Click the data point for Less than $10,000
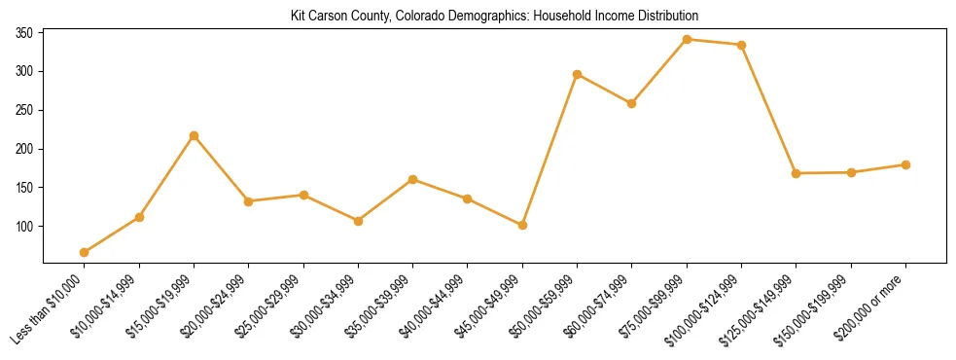[x=85, y=252]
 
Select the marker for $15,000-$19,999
[x=194, y=135]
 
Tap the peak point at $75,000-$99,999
[x=687, y=39]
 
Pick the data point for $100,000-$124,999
[x=742, y=45]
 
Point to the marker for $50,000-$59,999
[x=578, y=74]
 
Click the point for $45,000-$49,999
[x=522, y=225]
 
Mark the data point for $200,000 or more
[x=905, y=164]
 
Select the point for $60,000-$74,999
[x=632, y=103]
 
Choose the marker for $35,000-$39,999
[x=413, y=179]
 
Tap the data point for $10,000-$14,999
[x=139, y=217]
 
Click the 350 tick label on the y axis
[x=24, y=33]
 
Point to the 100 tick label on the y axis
[x=24, y=227]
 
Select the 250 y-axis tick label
[x=24, y=110]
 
